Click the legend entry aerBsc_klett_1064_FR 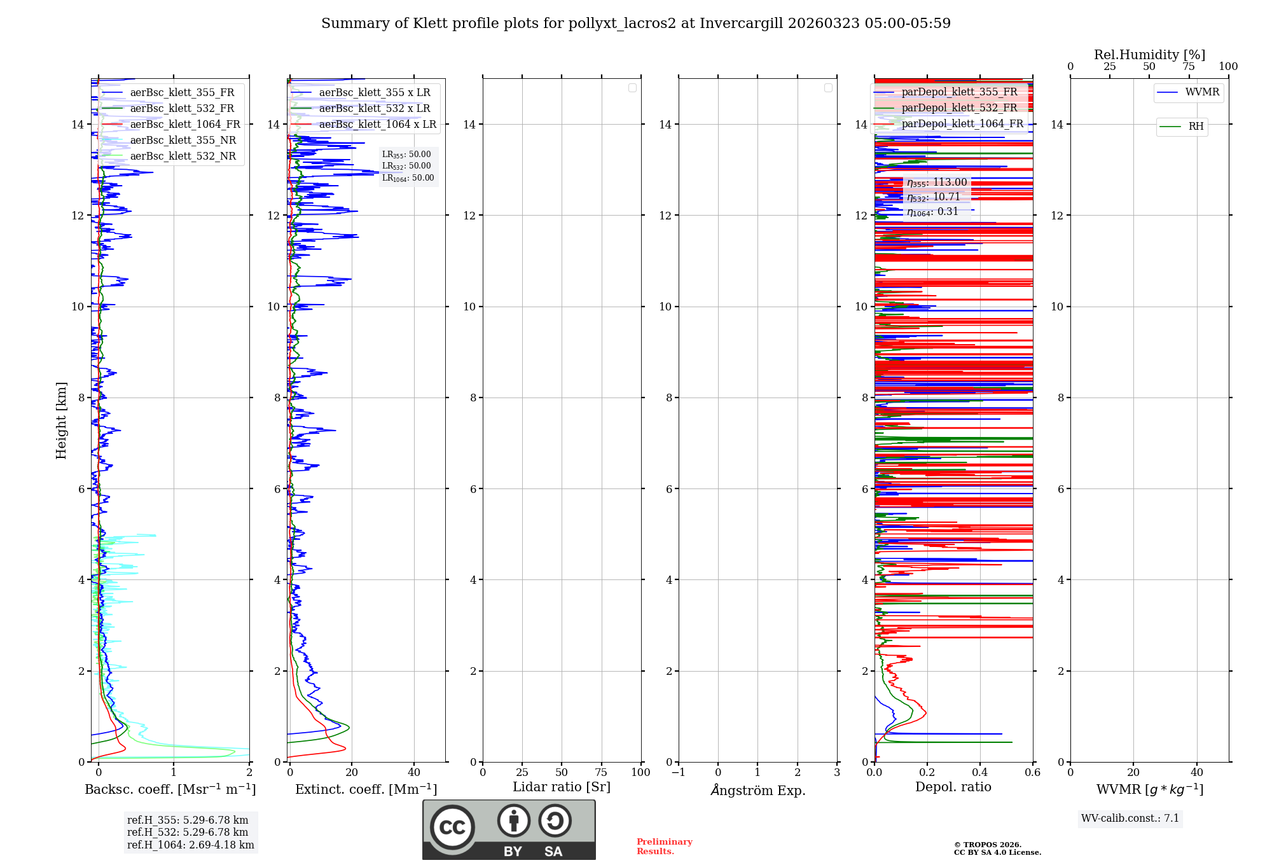click(185, 125)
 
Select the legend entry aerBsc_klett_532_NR click(183, 156)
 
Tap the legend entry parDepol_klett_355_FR click(959, 92)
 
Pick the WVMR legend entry click(1202, 92)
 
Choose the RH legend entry click(1196, 127)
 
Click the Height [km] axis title click(61, 420)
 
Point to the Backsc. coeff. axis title click(170, 789)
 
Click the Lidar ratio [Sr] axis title click(562, 787)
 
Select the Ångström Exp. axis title click(758, 791)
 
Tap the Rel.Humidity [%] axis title click(1149, 55)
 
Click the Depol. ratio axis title click(953, 787)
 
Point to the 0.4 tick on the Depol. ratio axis click(980, 773)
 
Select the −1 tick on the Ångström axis click(678, 773)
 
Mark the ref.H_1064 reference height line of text click(190, 845)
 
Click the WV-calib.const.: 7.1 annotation click(1130, 819)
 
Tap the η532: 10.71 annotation click(934, 197)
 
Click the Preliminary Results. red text click(664, 847)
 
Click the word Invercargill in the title click(742, 24)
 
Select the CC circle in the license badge click(452, 827)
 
